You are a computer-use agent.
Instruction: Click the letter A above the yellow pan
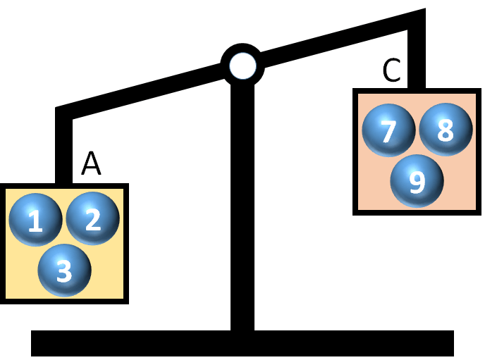[91, 163]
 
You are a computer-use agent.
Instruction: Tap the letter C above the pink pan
[391, 70]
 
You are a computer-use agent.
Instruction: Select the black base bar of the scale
[242, 343]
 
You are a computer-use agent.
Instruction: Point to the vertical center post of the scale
[242, 211]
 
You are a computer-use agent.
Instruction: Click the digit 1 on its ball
[35, 223]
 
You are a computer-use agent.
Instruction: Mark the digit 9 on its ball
[417, 182]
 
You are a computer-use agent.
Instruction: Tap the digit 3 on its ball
[64, 271]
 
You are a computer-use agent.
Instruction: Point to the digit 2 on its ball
[93, 221]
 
